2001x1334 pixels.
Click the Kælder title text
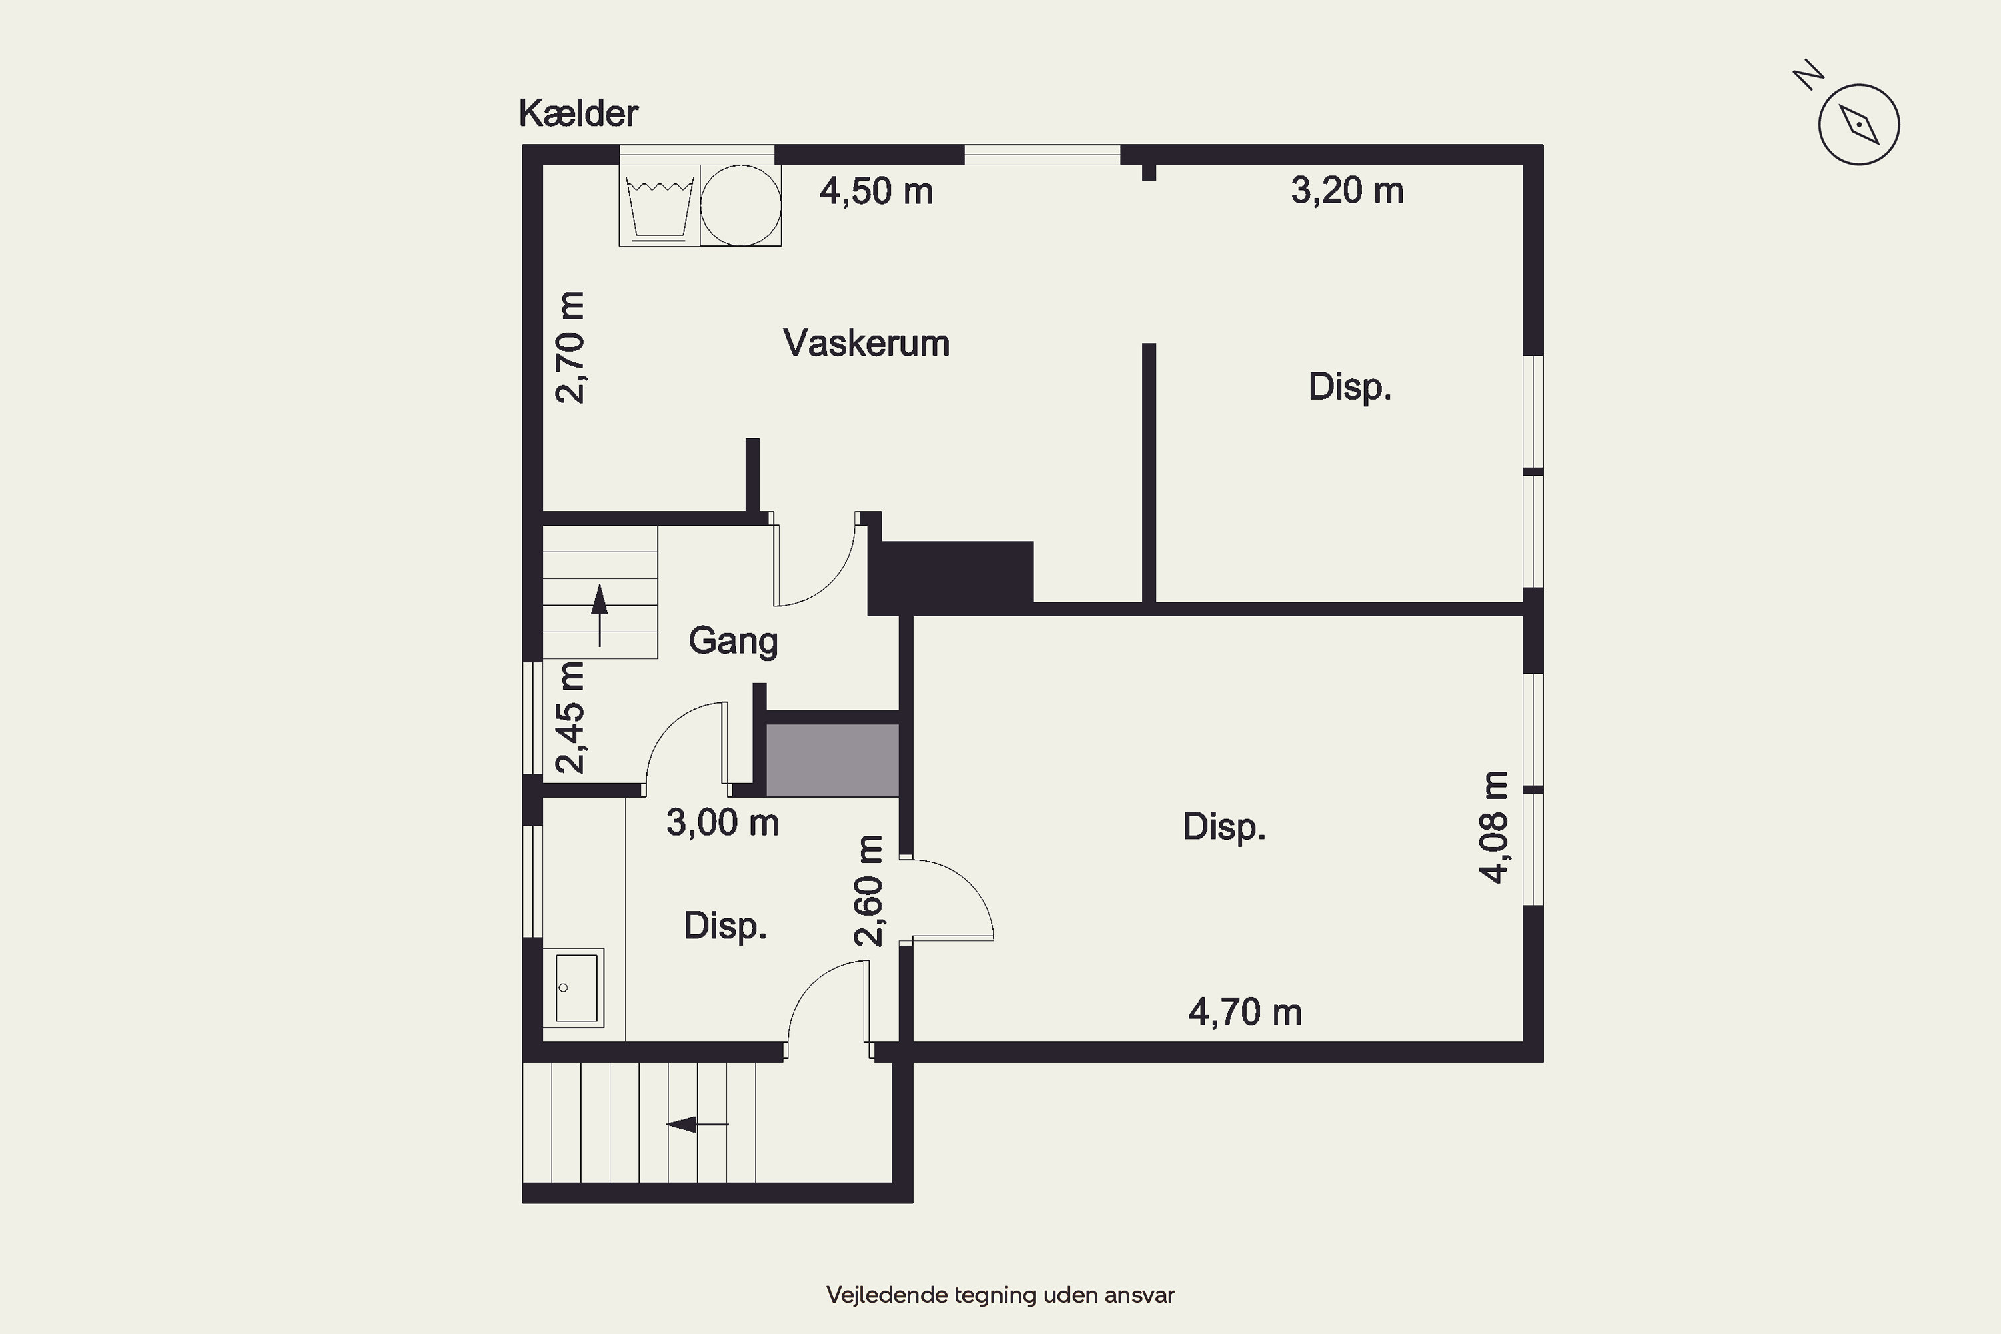578,113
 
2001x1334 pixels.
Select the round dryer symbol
740,206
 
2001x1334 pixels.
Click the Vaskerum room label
866,343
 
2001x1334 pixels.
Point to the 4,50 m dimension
876,191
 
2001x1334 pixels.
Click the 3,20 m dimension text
1347,191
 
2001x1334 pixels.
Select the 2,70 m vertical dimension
571,347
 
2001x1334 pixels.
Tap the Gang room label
733,640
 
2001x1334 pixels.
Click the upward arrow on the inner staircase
600,615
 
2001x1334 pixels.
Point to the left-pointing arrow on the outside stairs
697,1125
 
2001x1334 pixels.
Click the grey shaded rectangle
833,760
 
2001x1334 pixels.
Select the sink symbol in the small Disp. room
574,988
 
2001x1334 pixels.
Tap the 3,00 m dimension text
722,822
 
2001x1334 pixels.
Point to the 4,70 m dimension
1245,1013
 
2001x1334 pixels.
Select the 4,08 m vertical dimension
1495,827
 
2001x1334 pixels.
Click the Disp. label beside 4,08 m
1224,827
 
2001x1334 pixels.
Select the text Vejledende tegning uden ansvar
1000,1295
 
